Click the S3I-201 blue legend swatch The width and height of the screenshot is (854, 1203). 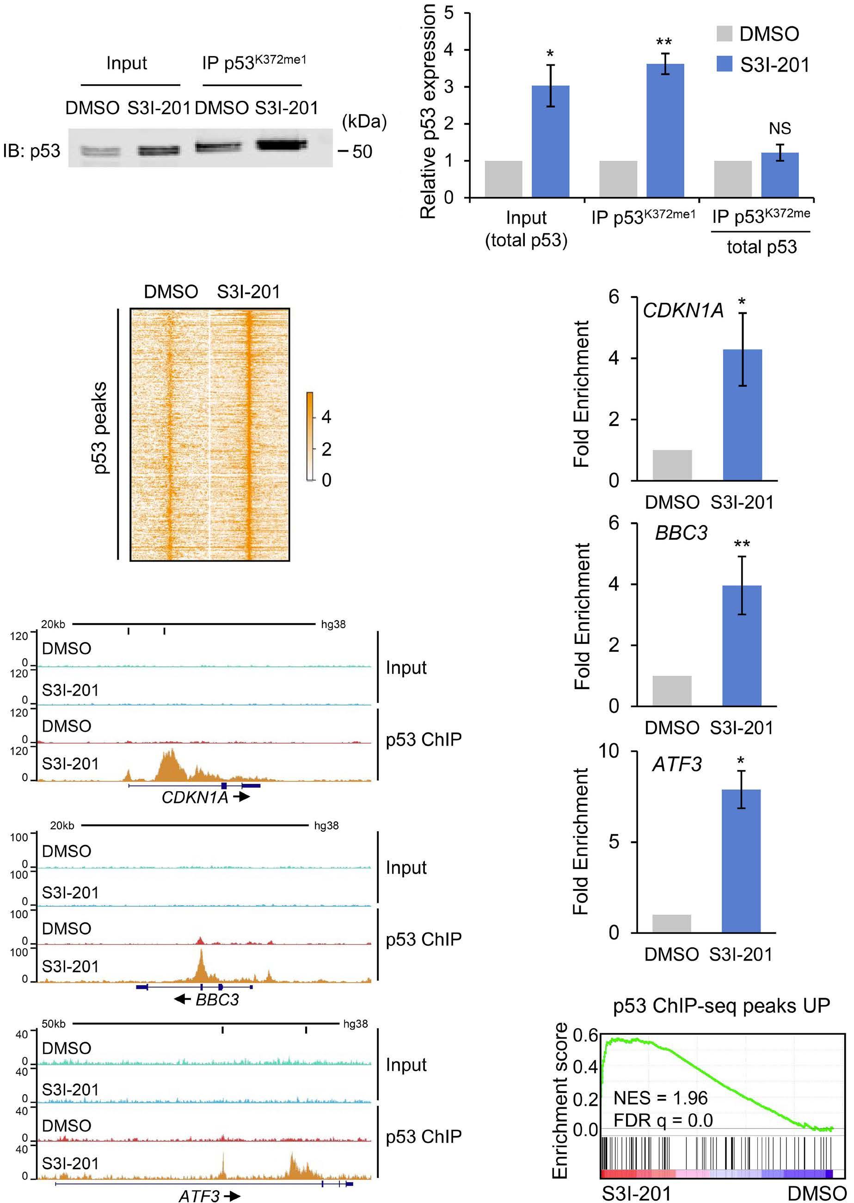click(725, 64)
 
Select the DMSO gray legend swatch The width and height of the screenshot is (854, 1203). click(725, 34)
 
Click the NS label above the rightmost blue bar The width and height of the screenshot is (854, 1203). click(780, 129)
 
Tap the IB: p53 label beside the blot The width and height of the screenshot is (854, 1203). click(31, 152)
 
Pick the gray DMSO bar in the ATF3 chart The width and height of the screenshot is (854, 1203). click(671, 923)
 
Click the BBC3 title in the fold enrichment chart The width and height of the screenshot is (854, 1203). click(681, 533)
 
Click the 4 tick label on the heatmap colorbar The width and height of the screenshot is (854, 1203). click(326, 417)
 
